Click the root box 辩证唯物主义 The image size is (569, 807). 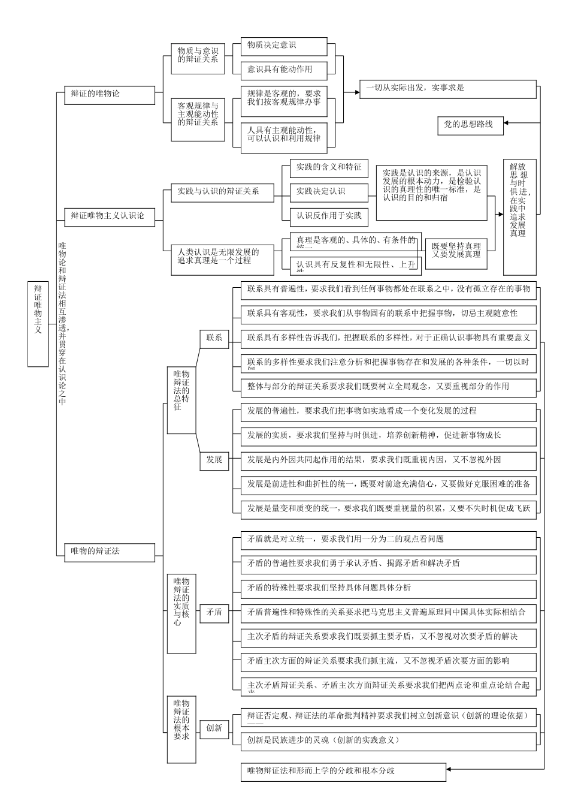tap(38, 324)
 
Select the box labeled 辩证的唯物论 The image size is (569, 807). tap(109, 94)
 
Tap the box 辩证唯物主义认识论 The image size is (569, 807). tap(109, 216)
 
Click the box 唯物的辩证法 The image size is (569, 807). tap(109, 551)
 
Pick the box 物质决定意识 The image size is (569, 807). tap(284, 46)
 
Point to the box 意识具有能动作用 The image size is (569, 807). tap(284, 70)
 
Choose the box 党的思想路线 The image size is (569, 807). tap(470, 125)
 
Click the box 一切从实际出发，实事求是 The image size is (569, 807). tap(447, 88)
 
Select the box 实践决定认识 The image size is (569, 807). tap(329, 192)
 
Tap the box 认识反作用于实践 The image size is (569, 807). tap(329, 216)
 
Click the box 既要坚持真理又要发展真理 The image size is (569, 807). tap(456, 251)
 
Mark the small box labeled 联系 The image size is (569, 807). tap(214, 338)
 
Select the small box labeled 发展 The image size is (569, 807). tap(214, 460)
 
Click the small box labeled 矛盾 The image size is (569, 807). tap(214, 613)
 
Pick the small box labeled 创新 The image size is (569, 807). tap(214, 728)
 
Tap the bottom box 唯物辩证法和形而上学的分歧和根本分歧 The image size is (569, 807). tap(343, 771)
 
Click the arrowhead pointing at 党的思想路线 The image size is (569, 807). tap(507, 125)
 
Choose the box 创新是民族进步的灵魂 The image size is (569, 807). tap(388, 740)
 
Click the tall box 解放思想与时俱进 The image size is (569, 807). tap(519, 217)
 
